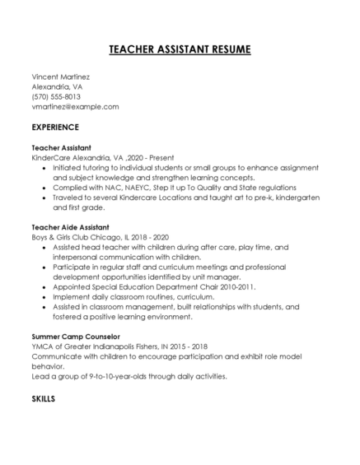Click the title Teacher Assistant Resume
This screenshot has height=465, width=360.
tap(180, 49)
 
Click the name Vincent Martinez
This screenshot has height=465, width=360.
tap(60, 77)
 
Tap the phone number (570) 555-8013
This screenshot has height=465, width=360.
tap(56, 96)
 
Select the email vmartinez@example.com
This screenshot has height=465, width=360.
tap(75, 106)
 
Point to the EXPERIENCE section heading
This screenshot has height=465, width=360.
tap(55, 128)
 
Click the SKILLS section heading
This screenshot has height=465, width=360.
tap(43, 398)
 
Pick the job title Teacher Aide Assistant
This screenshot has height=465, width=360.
tap(70, 226)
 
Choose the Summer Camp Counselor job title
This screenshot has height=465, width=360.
tap(75, 337)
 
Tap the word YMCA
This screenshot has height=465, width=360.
tap(41, 346)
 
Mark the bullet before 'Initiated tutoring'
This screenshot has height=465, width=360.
tap(44, 166)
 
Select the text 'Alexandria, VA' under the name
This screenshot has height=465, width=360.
tap(57, 86)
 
